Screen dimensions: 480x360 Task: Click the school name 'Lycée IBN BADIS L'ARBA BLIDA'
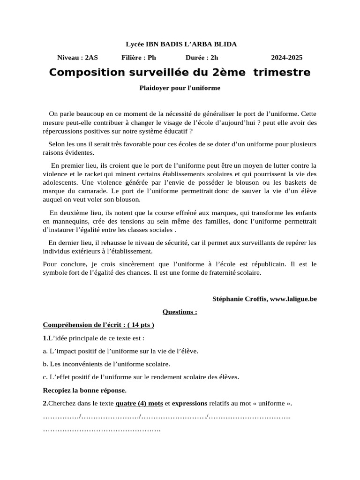[x=181, y=45]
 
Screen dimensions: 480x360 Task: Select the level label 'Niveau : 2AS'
[x=77, y=58]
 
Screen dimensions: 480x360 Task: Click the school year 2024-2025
[x=286, y=58]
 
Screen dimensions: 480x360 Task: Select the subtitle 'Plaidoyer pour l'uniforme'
[x=180, y=88]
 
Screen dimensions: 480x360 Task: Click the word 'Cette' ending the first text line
[x=308, y=113]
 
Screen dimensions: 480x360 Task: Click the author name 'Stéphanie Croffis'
[x=240, y=299]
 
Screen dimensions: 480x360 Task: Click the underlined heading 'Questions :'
[x=180, y=312]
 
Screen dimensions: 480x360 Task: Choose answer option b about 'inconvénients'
[x=106, y=364]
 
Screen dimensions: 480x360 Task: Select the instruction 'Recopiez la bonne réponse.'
[x=84, y=390]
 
